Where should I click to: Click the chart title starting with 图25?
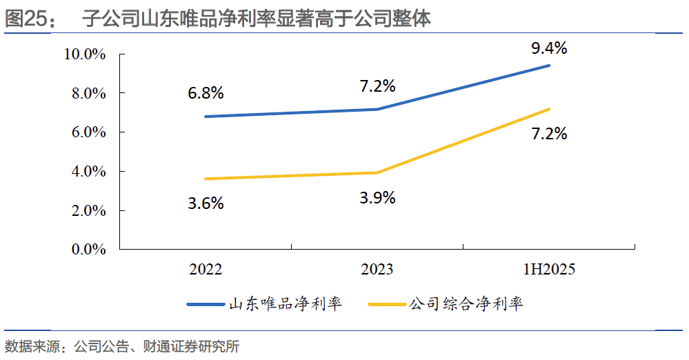(218, 18)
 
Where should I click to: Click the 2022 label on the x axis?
(206, 269)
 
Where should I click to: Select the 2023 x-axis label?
(377, 269)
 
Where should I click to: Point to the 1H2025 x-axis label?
(549, 269)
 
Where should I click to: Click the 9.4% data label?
(549, 48)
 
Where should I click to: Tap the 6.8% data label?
(206, 92)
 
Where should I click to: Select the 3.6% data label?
(206, 203)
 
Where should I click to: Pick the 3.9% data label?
(377, 198)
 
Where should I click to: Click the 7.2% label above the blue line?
(377, 86)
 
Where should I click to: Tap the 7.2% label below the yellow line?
(549, 134)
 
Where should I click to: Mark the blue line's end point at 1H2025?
(549, 66)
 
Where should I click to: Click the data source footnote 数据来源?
(121, 346)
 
